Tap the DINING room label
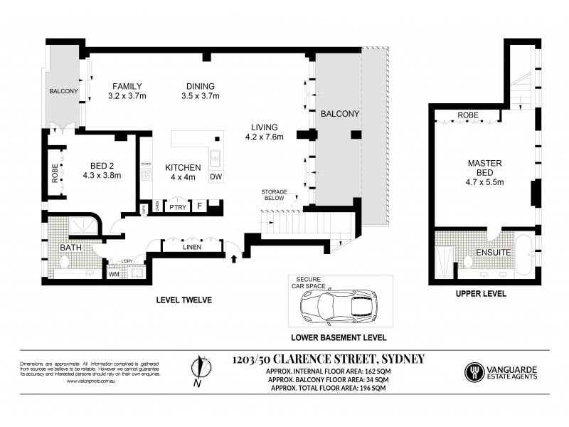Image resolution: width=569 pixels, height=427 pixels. pos(198,86)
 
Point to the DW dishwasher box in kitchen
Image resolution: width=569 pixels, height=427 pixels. pos(216,177)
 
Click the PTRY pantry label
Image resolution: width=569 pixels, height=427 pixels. pos(176,207)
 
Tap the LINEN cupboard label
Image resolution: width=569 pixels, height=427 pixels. pos(189,248)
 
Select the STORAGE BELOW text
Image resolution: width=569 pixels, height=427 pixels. pos(273,195)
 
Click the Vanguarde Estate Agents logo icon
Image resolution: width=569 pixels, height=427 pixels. pos(472,371)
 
